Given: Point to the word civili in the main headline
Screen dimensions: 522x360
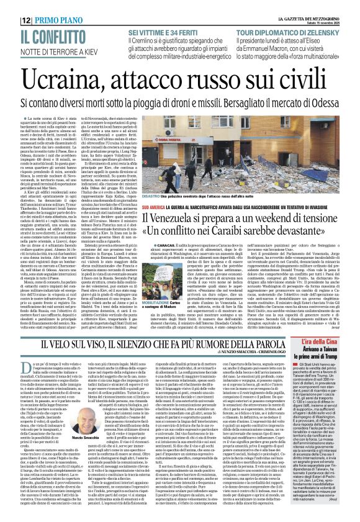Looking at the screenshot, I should pos(310,81).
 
